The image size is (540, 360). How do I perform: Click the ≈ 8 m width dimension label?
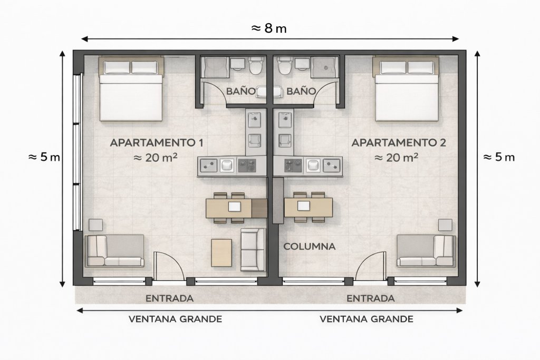coord(269,28)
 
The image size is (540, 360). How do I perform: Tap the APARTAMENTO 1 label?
coord(156,142)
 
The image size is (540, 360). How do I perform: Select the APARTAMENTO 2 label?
coord(399,142)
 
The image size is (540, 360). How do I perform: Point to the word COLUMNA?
coord(309,247)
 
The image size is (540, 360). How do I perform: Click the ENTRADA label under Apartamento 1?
coord(169,298)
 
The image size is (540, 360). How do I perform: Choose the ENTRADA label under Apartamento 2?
coord(371,298)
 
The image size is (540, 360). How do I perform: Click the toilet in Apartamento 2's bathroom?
coord(284,66)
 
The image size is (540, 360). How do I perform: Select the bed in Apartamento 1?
coord(131,89)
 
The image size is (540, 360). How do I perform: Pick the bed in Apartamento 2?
coord(407,89)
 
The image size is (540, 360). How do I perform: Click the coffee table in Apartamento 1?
coord(221,253)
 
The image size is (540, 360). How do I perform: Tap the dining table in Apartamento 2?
coord(308,207)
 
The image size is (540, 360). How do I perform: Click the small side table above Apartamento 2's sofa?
coord(445,225)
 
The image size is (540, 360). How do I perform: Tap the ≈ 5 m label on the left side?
coord(44,157)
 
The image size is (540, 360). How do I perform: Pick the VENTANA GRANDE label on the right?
coord(367,319)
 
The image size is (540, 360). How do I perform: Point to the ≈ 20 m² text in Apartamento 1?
coord(156,158)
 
